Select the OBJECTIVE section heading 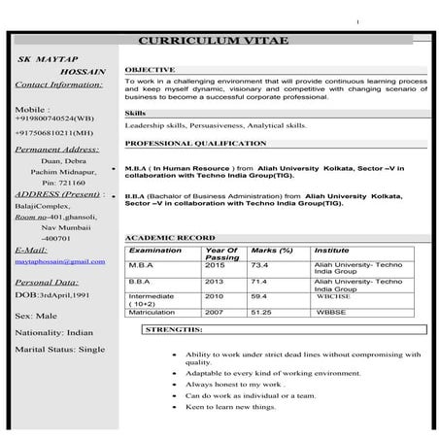[x=150, y=70]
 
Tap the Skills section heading [x=137, y=114]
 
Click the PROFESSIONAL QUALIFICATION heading [x=195, y=144]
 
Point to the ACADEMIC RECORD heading [x=170, y=238]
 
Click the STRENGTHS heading [x=175, y=330]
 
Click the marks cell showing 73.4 [x=259, y=264]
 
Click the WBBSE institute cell [x=331, y=312]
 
